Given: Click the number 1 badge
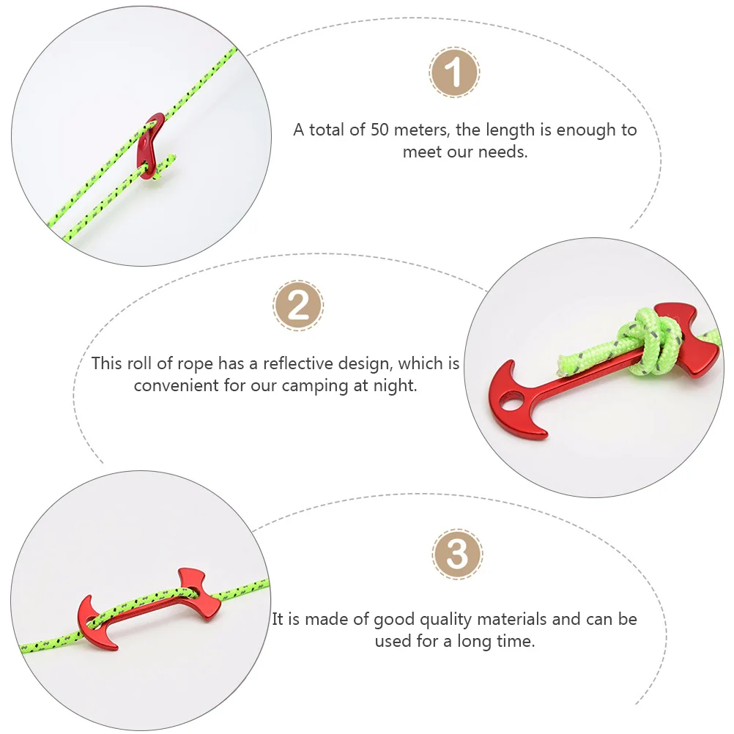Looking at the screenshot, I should tap(454, 73).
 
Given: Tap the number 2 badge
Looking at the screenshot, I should tap(298, 305).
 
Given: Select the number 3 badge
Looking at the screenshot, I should tap(457, 555).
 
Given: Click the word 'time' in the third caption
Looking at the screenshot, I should tap(516, 642).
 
